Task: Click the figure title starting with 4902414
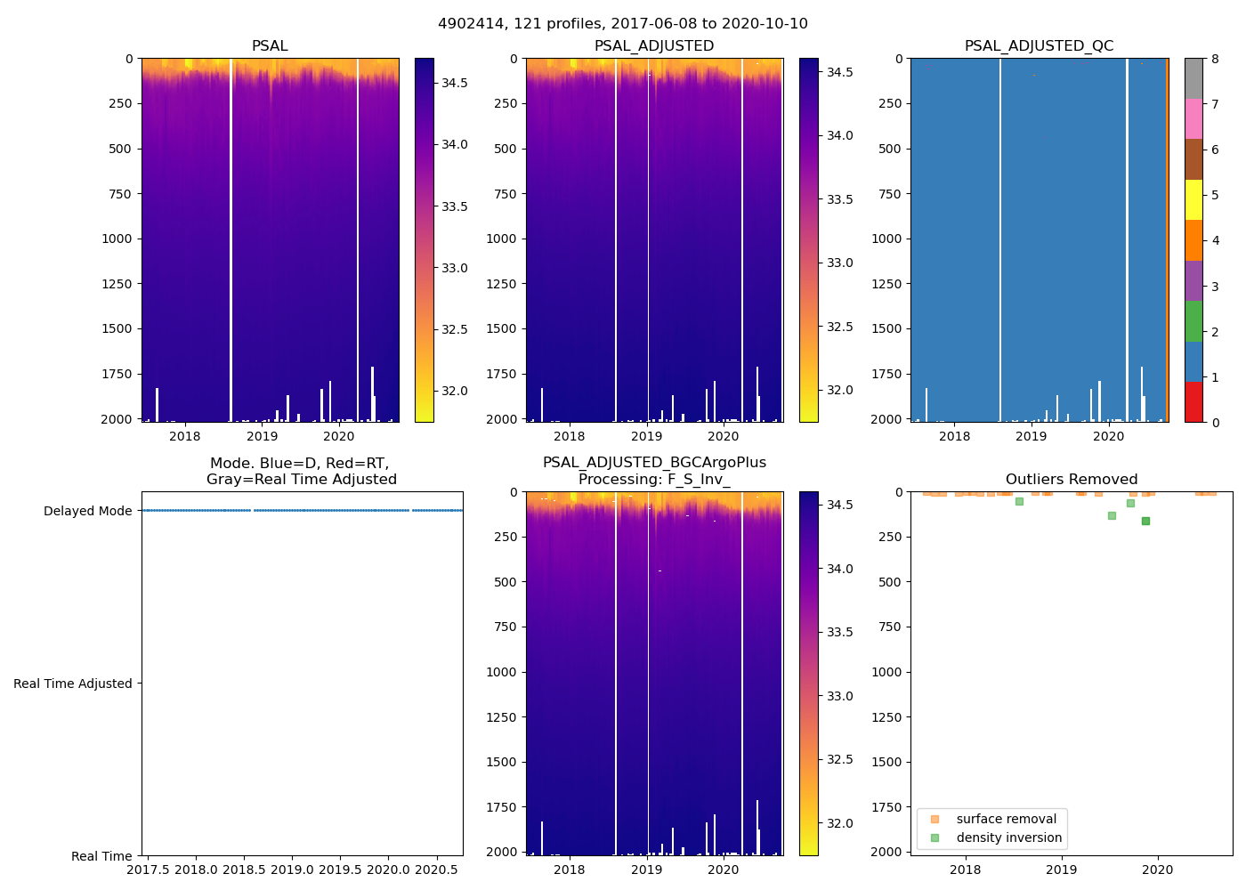623,24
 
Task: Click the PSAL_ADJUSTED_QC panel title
1039,46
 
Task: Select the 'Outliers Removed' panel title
1072,480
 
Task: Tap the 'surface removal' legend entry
1006,819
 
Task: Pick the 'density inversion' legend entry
1008,837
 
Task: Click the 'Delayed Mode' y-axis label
87,511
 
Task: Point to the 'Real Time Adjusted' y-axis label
73,684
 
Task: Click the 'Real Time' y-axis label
101,856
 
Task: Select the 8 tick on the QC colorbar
1215,59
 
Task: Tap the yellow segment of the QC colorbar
1193,199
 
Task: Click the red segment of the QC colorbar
1193,402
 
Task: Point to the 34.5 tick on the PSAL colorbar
455,83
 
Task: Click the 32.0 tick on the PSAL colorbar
455,391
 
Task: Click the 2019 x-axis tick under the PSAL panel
262,436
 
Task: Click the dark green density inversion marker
1145,521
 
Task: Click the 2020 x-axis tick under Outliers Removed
1157,870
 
